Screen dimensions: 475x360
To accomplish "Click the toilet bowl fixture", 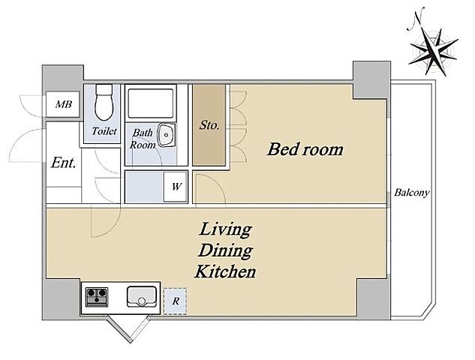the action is coord(104,102).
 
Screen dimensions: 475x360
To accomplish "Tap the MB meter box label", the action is coord(64,104).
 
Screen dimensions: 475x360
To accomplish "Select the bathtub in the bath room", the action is coord(151,103).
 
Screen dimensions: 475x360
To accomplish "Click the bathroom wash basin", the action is coord(166,135).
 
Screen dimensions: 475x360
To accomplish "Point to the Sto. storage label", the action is coord(209,125).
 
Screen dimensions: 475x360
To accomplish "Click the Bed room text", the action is coord(305,149).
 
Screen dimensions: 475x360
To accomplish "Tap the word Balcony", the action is coord(412,193).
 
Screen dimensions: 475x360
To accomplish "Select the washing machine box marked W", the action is coord(176,187).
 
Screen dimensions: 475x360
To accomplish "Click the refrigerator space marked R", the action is coord(176,301).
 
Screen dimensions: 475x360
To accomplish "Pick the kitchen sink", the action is coord(142,297).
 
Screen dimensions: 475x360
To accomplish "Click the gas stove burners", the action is coord(97,297).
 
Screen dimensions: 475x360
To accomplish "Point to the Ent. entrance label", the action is coord(63,163).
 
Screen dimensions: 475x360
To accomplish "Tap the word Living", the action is coord(225,229).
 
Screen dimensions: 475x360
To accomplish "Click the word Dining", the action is coord(225,251).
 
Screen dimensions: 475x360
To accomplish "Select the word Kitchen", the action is coord(225,271).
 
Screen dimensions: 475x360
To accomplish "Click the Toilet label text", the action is coord(104,131).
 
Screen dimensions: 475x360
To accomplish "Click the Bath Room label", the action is coord(143,139).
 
